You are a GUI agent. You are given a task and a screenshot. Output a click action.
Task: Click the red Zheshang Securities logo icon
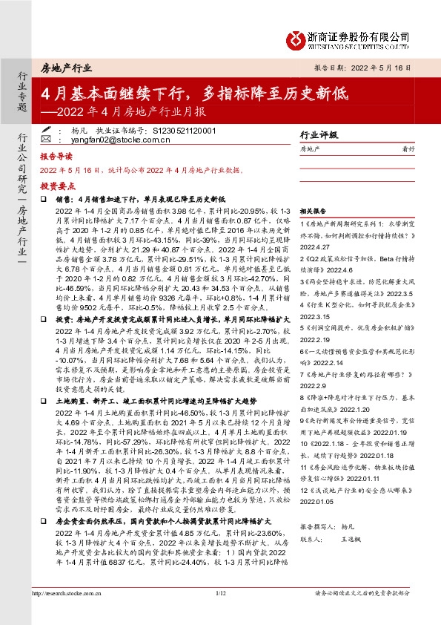[x=296, y=37]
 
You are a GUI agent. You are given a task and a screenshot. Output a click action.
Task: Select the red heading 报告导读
[x=56, y=157]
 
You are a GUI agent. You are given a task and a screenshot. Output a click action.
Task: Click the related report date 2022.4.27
[x=314, y=246]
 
